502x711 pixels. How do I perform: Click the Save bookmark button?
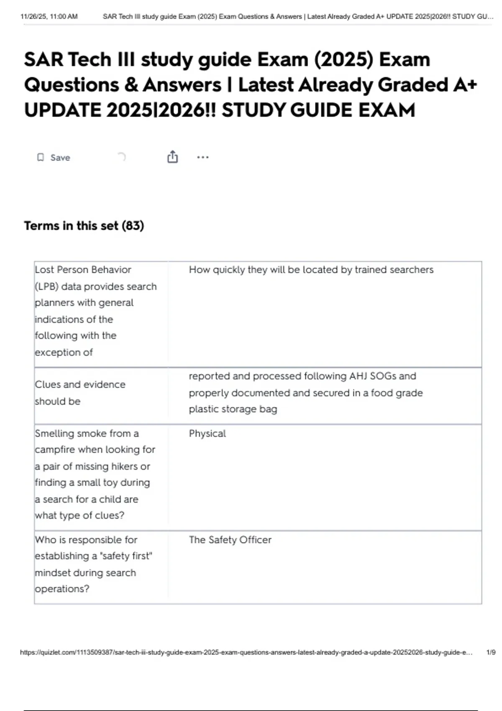click(x=54, y=158)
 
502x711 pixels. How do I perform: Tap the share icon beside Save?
click(x=172, y=157)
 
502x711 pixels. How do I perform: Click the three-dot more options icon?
click(x=203, y=157)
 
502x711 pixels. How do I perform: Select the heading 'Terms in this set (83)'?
click(x=84, y=226)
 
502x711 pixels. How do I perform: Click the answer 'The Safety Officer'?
click(x=230, y=540)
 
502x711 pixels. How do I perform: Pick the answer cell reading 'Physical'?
click(x=207, y=434)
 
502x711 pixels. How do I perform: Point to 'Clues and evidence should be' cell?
click(x=80, y=393)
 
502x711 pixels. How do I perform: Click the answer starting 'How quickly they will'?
click(x=311, y=270)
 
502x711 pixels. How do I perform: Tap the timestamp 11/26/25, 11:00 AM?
click(x=49, y=17)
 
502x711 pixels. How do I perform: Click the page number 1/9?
click(x=491, y=652)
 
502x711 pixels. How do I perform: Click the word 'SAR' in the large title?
click(x=43, y=60)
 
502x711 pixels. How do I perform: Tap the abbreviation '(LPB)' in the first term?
click(x=46, y=287)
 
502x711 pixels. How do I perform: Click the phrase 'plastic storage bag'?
click(x=233, y=409)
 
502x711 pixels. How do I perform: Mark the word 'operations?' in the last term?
click(x=62, y=589)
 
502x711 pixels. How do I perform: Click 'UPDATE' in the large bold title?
click(x=62, y=110)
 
